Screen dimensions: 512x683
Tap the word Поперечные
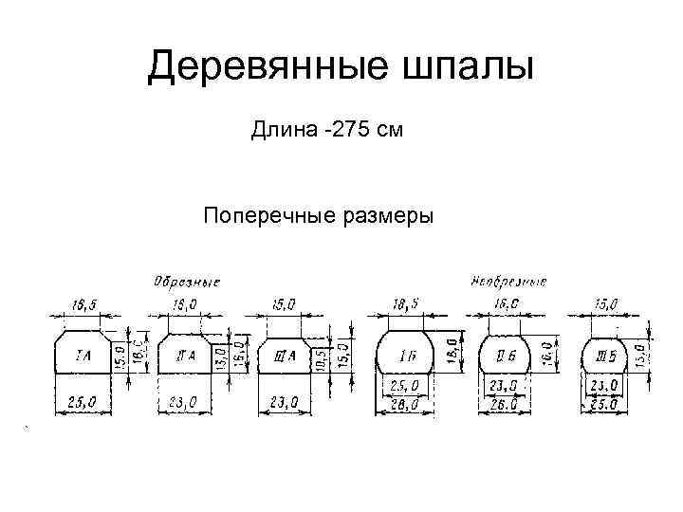tap(265, 217)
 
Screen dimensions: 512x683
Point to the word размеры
tap(384, 217)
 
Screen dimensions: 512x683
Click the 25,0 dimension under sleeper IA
tap(83, 403)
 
